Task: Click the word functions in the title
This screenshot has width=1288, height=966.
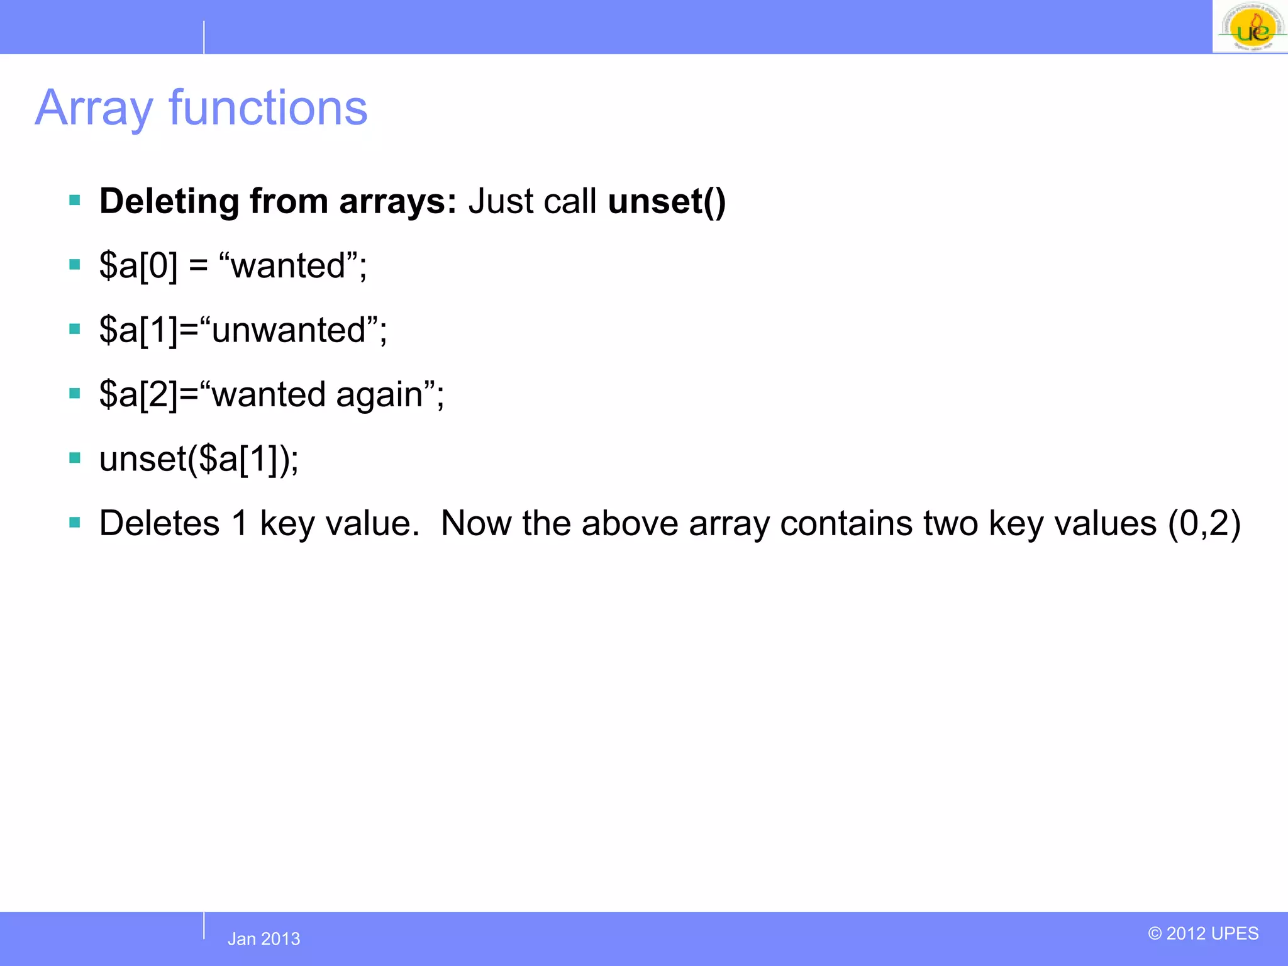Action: pyautogui.click(x=268, y=108)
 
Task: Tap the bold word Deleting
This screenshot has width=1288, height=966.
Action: pyautogui.click(x=169, y=201)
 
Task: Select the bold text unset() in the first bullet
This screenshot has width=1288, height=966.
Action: pyautogui.click(x=667, y=201)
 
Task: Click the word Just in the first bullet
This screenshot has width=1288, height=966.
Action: pyautogui.click(x=501, y=201)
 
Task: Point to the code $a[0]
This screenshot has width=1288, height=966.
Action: pyautogui.click(x=138, y=265)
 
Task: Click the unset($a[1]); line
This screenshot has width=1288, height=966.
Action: pyautogui.click(x=199, y=458)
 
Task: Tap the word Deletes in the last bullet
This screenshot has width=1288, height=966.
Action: pyautogui.click(x=159, y=523)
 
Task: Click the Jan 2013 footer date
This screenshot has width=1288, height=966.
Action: pyautogui.click(x=264, y=938)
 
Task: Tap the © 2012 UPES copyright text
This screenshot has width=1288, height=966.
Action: pyautogui.click(x=1203, y=933)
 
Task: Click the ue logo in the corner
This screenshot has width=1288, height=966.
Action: pyautogui.click(x=1250, y=26)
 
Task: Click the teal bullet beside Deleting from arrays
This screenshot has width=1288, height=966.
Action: pyautogui.click(x=75, y=201)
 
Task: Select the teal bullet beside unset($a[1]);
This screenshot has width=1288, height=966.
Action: pyautogui.click(x=75, y=458)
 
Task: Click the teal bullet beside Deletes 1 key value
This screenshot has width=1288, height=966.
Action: pyautogui.click(x=75, y=523)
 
